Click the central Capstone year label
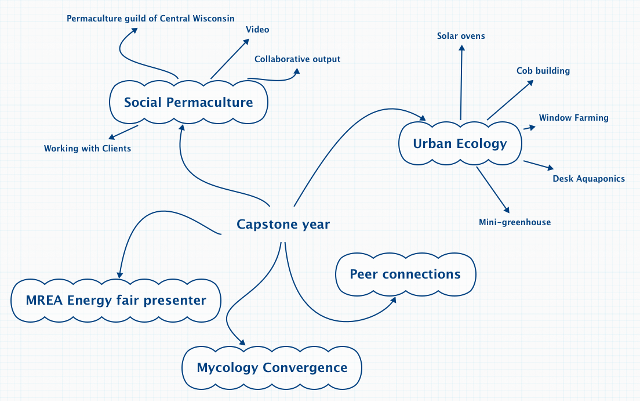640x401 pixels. pyautogui.click(x=283, y=225)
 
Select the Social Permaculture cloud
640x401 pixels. pyautogui.click(x=188, y=103)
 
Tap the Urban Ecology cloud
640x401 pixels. pyautogui.click(x=460, y=143)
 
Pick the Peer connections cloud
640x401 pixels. pyautogui.click(x=405, y=274)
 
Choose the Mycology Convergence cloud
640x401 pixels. pyautogui.click(x=272, y=367)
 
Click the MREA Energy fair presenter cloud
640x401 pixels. pyautogui.click(x=116, y=301)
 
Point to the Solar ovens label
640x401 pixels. pyautogui.click(x=461, y=36)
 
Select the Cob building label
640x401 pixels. pyautogui.click(x=543, y=71)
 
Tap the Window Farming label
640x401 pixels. pyautogui.click(x=573, y=118)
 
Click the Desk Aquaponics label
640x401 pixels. pyautogui.click(x=588, y=179)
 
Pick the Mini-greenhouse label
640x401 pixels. pyautogui.click(x=515, y=222)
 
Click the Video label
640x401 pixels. pyautogui.click(x=257, y=30)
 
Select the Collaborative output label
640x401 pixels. pyautogui.click(x=297, y=59)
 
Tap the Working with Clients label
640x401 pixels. pyautogui.click(x=88, y=149)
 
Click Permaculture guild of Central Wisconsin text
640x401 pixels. pyautogui.click(x=151, y=19)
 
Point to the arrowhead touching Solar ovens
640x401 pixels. pyautogui.click(x=462, y=48)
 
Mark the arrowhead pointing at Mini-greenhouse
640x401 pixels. pyautogui.click(x=507, y=211)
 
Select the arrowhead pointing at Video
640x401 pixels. pyautogui.click(x=246, y=41)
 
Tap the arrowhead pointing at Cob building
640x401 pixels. pyautogui.click(x=530, y=83)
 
